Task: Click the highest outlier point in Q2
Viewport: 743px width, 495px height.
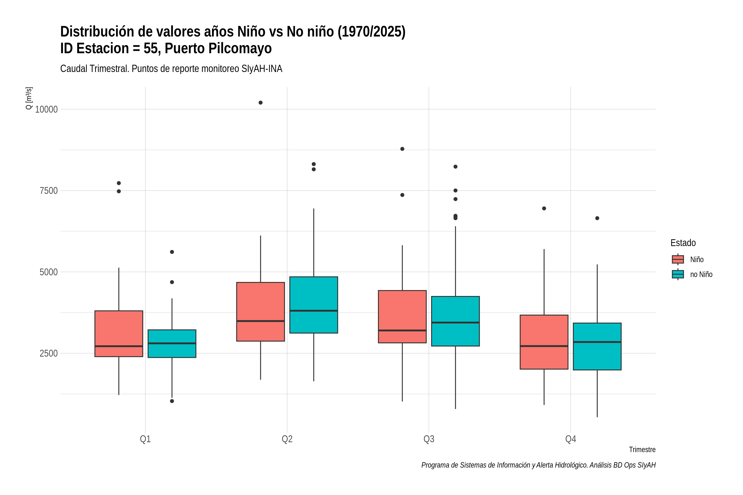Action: [x=261, y=103]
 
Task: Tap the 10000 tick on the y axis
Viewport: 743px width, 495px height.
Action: [x=46, y=110]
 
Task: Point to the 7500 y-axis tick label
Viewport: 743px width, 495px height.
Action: [x=49, y=191]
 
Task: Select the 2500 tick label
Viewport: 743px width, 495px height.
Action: [x=49, y=353]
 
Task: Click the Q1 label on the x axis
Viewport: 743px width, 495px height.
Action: [x=145, y=439]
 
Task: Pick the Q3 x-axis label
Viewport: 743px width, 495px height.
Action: [x=429, y=439]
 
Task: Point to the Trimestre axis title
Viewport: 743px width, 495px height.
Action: [x=642, y=450]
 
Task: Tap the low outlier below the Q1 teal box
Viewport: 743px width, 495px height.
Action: [x=172, y=401]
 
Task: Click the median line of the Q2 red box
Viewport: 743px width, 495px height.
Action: [x=261, y=321]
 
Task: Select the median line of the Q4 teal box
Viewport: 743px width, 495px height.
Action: [x=597, y=342]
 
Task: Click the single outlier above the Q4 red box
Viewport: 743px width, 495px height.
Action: [x=544, y=208]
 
